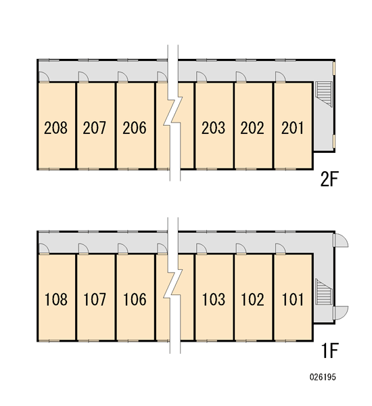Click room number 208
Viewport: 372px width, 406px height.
click(x=55, y=128)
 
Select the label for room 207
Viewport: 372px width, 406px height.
click(x=95, y=128)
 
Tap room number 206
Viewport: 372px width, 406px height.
click(x=135, y=128)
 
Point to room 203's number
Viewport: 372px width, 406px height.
click(x=213, y=128)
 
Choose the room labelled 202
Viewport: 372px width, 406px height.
click(x=252, y=128)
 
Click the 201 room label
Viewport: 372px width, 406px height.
click(x=292, y=128)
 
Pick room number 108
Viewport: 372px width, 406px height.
click(x=56, y=299)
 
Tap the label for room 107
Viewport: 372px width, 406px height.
click(x=95, y=299)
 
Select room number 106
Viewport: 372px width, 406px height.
click(x=135, y=299)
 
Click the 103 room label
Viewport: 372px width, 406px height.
click(x=214, y=299)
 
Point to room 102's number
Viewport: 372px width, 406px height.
click(x=253, y=299)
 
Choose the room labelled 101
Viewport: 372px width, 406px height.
click(x=292, y=299)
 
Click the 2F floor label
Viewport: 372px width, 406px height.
click(x=329, y=179)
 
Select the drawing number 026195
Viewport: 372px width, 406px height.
click(x=323, y=384)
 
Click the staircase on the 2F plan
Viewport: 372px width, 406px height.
click(x=323, y=94)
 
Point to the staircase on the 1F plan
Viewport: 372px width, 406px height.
click(x=323, y=292)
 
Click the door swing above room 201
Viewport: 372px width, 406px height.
click(x=280, y=76)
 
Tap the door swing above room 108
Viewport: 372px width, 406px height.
click(x=44, y=248)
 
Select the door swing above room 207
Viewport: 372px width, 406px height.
click(x=83, y=76)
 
